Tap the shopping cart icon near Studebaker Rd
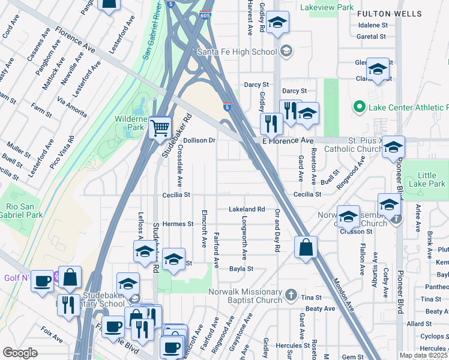point(160,127)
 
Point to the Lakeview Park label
point(328,7)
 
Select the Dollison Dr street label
point(199,140)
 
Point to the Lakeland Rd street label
point(247,209)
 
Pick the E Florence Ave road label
point(289,140)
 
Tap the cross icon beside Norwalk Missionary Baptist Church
point(291,295)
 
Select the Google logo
point(20,353)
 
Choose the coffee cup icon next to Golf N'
point(42,281)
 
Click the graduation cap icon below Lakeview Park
point(277,23)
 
